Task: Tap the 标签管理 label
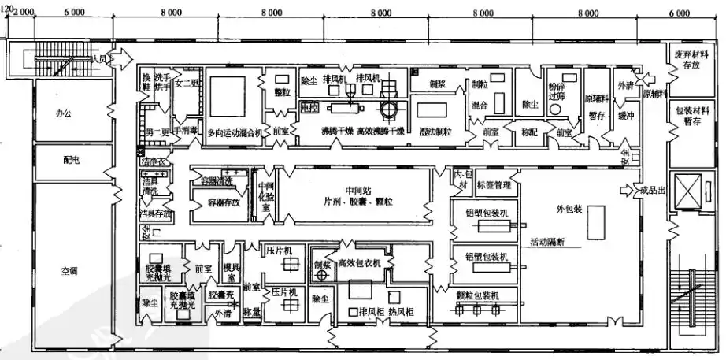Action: [x=494, y=186]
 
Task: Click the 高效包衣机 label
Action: [x=359, y=263]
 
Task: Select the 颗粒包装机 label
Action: [x=484, y=297]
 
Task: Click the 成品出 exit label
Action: [x=652, y=190]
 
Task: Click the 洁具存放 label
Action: [x=155, y=213]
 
